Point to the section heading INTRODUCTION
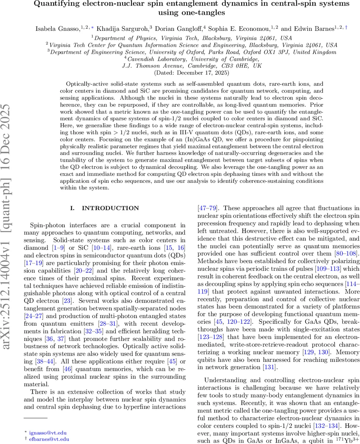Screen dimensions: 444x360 click(x=110, y=208)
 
